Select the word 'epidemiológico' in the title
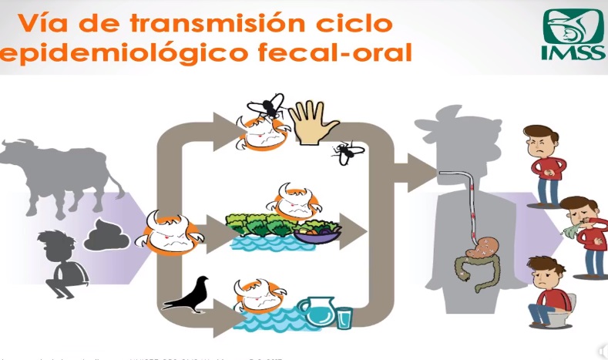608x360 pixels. coord(91,52)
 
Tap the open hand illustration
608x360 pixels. coord(312,122)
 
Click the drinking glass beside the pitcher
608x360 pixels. coord(343,317)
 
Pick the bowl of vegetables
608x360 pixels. coord(318,232)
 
